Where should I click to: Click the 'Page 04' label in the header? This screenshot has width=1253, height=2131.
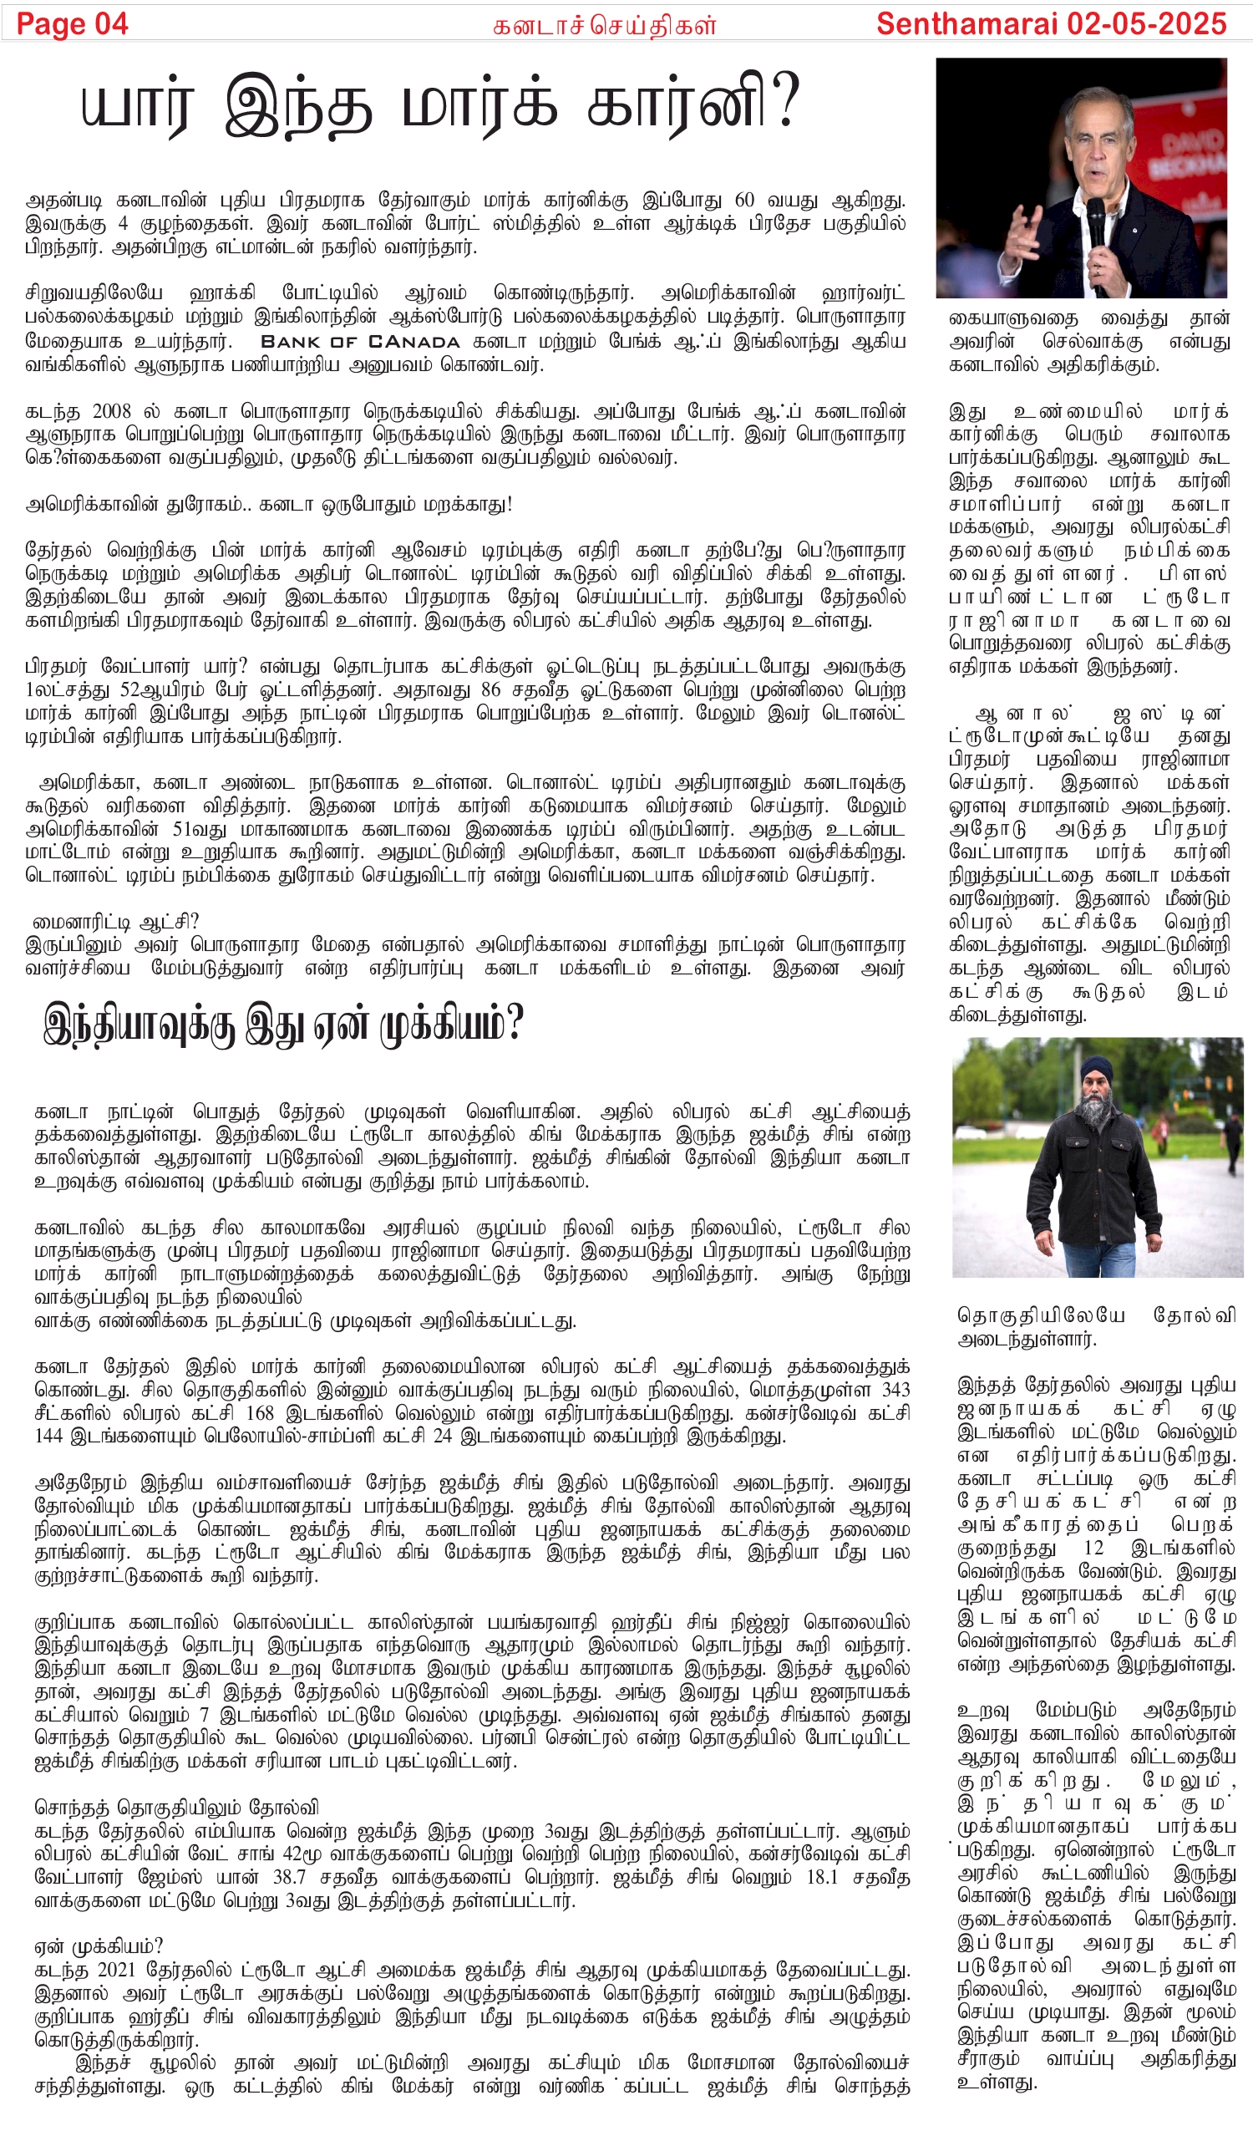pos(72,23)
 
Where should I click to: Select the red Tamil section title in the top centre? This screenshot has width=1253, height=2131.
pos(605,26)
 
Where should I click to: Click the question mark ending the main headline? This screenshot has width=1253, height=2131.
pos(785,103)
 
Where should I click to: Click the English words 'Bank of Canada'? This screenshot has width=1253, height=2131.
pos(360,343)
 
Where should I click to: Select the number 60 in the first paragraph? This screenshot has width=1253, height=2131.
pos(744,201)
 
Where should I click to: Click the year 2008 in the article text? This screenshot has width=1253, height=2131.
pos(112,412)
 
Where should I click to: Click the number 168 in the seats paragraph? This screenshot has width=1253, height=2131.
pos(260,1413)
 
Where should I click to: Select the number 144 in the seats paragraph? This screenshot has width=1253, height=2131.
pos(49,1436)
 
